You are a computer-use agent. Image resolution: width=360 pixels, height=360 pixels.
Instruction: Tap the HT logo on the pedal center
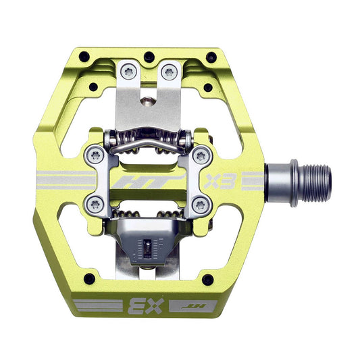(x=148, y=182)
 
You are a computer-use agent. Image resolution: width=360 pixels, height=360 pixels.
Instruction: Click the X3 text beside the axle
(x=221, y=181)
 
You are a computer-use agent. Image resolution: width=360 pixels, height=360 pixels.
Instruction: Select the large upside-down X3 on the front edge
(x=146, y=306)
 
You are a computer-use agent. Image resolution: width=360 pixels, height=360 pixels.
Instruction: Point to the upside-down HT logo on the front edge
(x=194, y=306)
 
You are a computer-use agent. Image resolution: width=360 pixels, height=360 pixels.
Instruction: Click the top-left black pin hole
(x=84, y=57)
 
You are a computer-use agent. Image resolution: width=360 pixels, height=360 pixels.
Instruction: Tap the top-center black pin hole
(x=149, y=57)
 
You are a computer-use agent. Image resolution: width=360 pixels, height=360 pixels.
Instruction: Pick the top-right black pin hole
(x=211, y=57)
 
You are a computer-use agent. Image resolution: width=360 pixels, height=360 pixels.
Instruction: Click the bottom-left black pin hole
(x=89, y=279)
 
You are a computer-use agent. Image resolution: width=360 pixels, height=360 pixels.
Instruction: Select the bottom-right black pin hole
(x=208, y=280)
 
